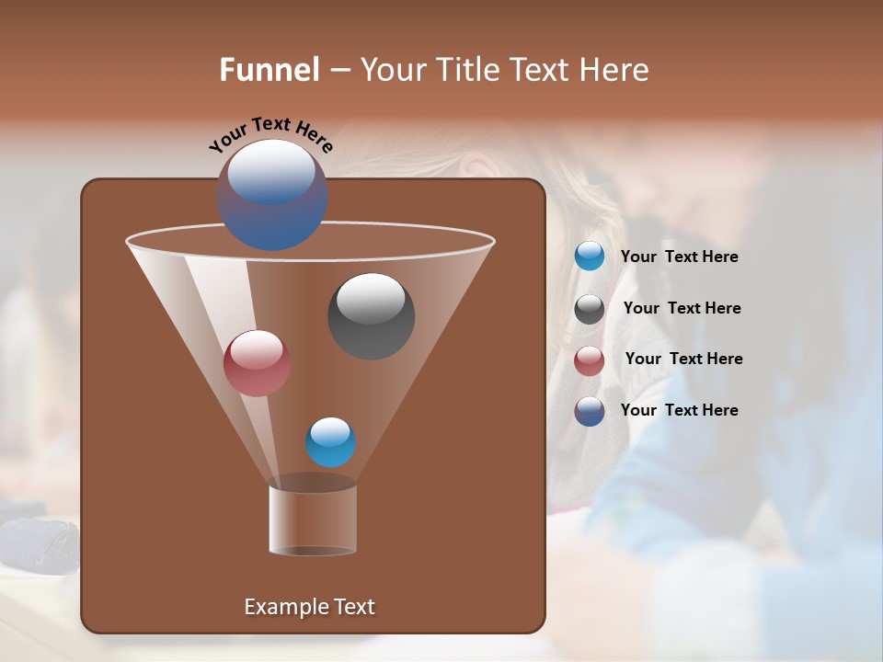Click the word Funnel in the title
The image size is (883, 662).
coord(269,70)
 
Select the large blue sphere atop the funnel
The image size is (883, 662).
coord(271,195)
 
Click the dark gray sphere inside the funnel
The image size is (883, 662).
coord(371,317)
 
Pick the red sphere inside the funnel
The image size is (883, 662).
coord(257,363)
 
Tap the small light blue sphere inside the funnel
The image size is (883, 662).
coord(330,442)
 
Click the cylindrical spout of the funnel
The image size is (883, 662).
coord(313,519)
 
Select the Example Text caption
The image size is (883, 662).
coord(309,607)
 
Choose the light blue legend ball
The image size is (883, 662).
coord(590,257)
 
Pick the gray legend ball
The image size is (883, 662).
coord(590,309)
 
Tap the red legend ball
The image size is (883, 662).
coord(590,360)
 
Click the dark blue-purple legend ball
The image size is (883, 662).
coord(590,411)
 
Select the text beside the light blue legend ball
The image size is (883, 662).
coord(679,257)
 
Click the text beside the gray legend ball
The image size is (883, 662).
coord(682,308)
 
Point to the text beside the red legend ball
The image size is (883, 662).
coord(683,359)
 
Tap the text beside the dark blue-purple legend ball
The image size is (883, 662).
coord(679,410)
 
